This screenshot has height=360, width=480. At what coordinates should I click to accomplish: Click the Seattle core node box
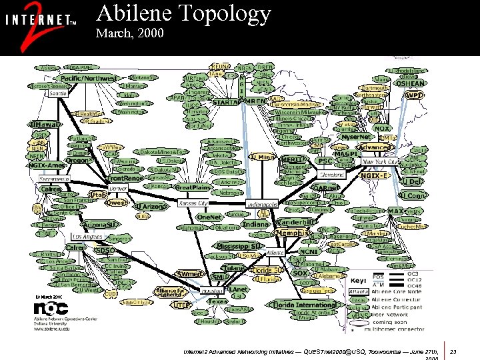click(x=59, y=94)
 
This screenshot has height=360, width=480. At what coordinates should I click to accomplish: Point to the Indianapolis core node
click(x=262, y=203)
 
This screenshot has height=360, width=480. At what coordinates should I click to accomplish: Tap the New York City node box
click(x=381, y=161)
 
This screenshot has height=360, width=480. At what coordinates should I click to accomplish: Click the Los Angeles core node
click(x=87, y=237)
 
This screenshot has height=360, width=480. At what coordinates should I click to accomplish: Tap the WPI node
click(x=413, y=95)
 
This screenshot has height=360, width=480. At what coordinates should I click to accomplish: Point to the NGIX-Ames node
click(x=46, y=165)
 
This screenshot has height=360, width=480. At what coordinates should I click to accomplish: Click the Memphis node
click(x=293, y=234)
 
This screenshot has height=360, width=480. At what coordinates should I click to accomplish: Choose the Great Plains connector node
click(x=193, y=187)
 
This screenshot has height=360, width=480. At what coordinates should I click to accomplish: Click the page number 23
click(x=453, y=351)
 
